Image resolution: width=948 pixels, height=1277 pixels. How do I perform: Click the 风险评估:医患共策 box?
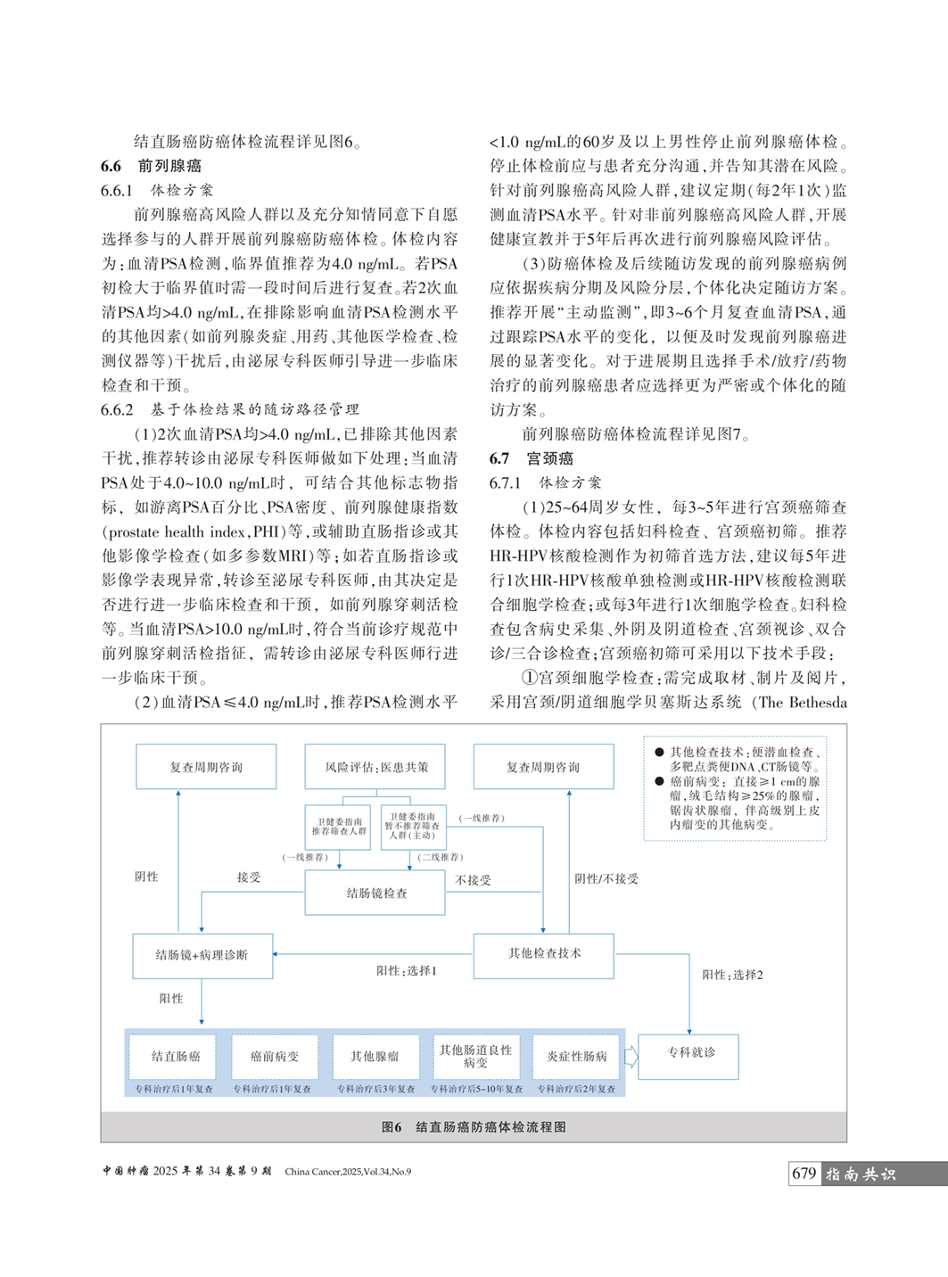[x=375, y=767]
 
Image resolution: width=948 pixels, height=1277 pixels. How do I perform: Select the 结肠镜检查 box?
[x=375, y=893]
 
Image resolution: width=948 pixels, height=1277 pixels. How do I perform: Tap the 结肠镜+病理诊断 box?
[x=202, y=955]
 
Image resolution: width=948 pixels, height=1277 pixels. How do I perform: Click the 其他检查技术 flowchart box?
[x=543, y=953]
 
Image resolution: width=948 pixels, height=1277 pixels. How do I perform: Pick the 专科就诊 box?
[x=689, y=1053]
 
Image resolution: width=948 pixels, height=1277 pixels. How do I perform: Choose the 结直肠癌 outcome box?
[x=175, y=1057]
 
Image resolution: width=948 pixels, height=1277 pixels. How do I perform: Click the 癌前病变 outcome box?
[x=274, y=1057]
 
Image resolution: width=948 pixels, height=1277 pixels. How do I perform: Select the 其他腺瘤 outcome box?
[x=375, y=1057]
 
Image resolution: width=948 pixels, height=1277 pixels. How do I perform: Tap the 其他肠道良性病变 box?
[x=475, y=1057]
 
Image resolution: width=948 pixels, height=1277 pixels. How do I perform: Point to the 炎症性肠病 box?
[x=576, y=1057]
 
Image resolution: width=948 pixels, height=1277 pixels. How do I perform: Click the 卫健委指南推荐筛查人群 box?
[x=338, y=827]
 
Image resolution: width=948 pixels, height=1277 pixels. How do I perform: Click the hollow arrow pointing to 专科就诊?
[x=631, y=1057]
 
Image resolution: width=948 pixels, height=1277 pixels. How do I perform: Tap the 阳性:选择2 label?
[x=732, y=975]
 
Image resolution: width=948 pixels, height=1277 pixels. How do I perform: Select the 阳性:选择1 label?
[x=406, y=970]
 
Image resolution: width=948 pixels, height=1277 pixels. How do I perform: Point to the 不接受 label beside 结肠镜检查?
[x=474, y=880]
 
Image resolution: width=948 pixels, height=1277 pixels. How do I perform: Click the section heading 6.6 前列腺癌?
[x=152, y=166]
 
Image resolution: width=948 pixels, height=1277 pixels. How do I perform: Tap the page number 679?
[x=804, y=1174]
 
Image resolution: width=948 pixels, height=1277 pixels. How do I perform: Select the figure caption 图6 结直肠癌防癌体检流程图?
[x=474, y=1127]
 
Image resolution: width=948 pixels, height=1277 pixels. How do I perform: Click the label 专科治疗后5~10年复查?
[x=477, y=1089]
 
